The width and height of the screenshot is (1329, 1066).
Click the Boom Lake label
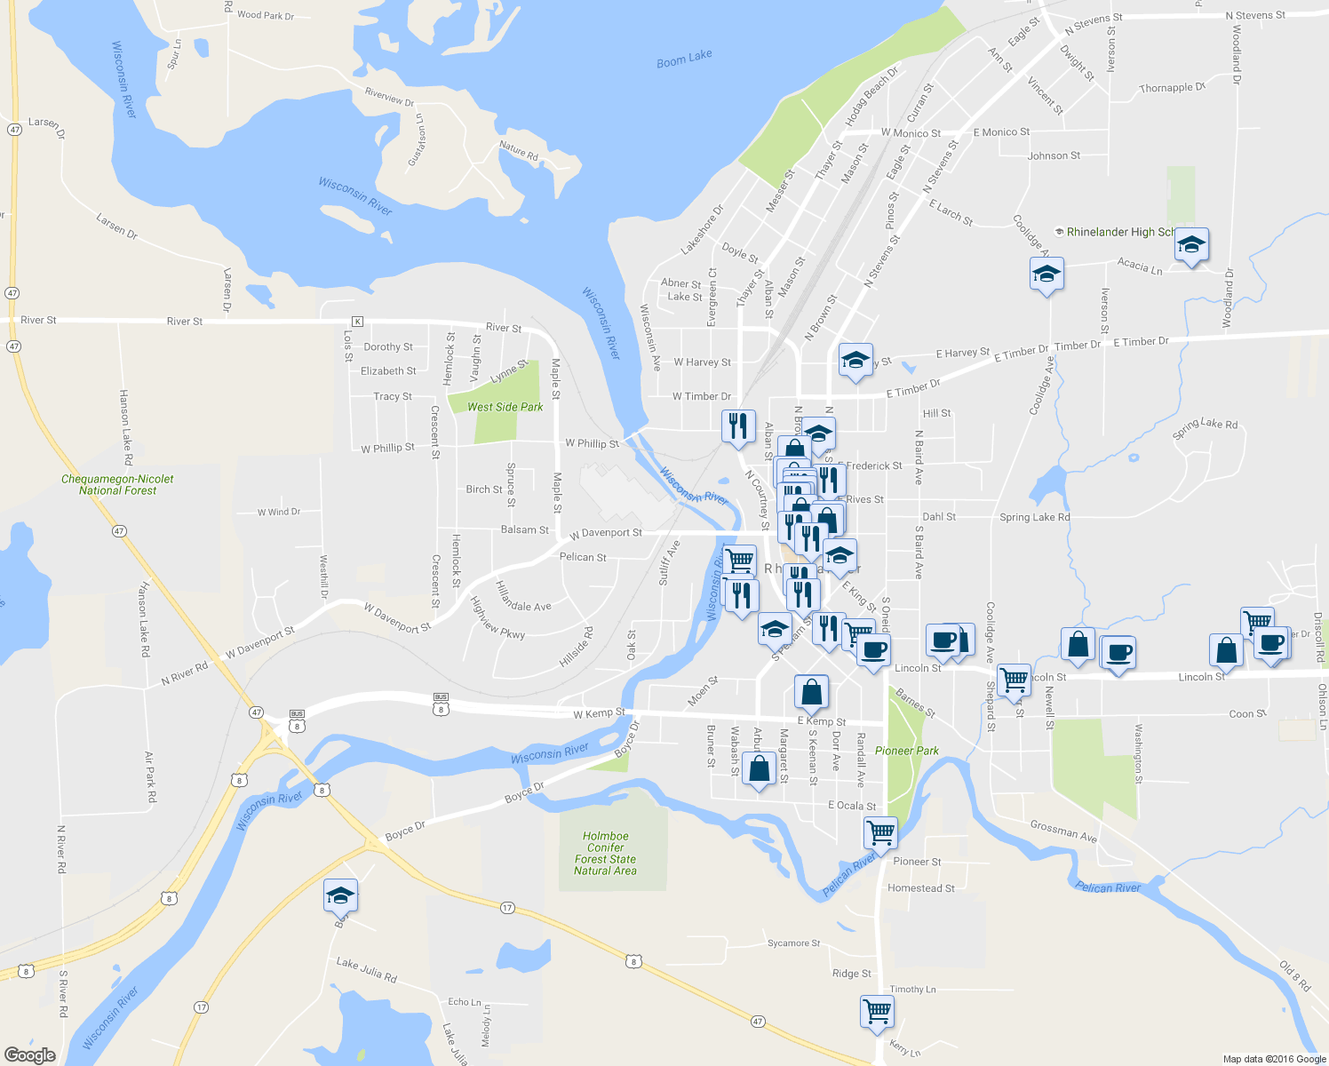tap(684, 59)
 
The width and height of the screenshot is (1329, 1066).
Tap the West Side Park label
tap(505, 407)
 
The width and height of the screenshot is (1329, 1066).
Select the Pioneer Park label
tap(906, 751)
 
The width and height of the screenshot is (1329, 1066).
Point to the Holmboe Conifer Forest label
tap(605, 853)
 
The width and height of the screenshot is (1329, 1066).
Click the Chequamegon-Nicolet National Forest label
tap(117, 484)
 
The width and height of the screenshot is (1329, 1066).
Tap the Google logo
tap(29, 1054)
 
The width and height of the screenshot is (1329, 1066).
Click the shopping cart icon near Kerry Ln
tap(877, 1011)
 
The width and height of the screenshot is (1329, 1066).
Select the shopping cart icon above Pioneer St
tap(880, 832)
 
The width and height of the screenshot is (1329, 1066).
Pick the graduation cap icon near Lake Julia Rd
tap(340, 895)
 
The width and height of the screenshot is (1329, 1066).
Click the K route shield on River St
tap(357, 321)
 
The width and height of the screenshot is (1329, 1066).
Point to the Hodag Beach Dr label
tap(871, 95)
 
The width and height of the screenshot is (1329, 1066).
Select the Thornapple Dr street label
tap(1173, 88)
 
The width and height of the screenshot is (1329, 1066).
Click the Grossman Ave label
tap(1063, 831)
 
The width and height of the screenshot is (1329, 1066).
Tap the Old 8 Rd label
tap(1294, 975)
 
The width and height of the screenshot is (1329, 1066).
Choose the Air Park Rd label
tap(150, 776)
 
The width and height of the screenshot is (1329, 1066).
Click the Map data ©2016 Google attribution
tap(1274, 1059)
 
